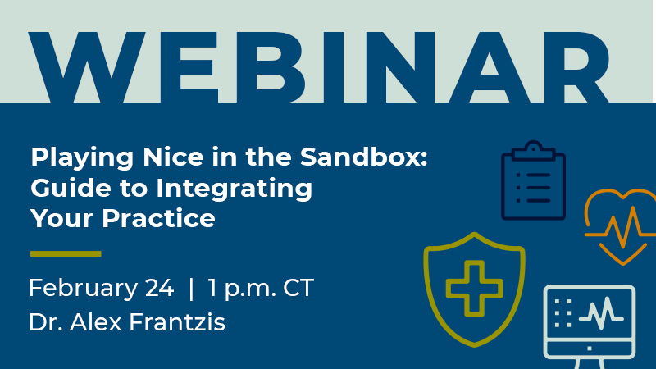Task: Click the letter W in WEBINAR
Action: point(91,66)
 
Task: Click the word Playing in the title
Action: point(72,157)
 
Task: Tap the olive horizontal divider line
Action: point(66,254)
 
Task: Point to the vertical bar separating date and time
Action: point(191,289)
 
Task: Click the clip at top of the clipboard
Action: point(533,148)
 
